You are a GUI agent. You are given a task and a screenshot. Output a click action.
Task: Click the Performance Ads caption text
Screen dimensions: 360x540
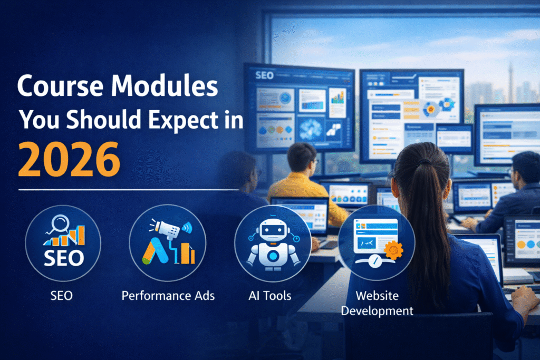pyautogui.click(x=168, y=296)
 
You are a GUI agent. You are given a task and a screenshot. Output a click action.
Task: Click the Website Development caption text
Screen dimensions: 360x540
pyautogui.click(x=377, y=303)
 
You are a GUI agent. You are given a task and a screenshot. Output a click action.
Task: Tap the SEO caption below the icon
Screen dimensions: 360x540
pyautogui.click(x=62, y=296)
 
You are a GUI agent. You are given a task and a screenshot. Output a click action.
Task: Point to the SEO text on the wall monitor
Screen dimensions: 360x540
pyautogui.click(x=264, y=75)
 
